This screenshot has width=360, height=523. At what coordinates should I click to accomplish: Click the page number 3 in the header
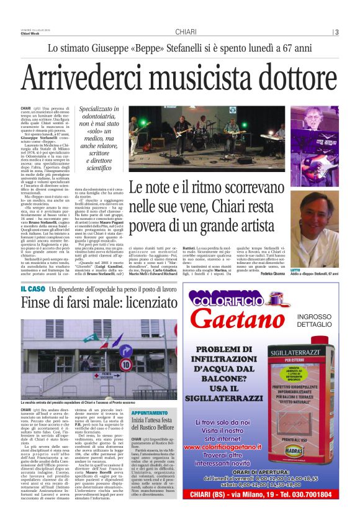pos(337,32)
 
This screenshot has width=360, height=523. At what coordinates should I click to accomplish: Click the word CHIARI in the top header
pos(186,32)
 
